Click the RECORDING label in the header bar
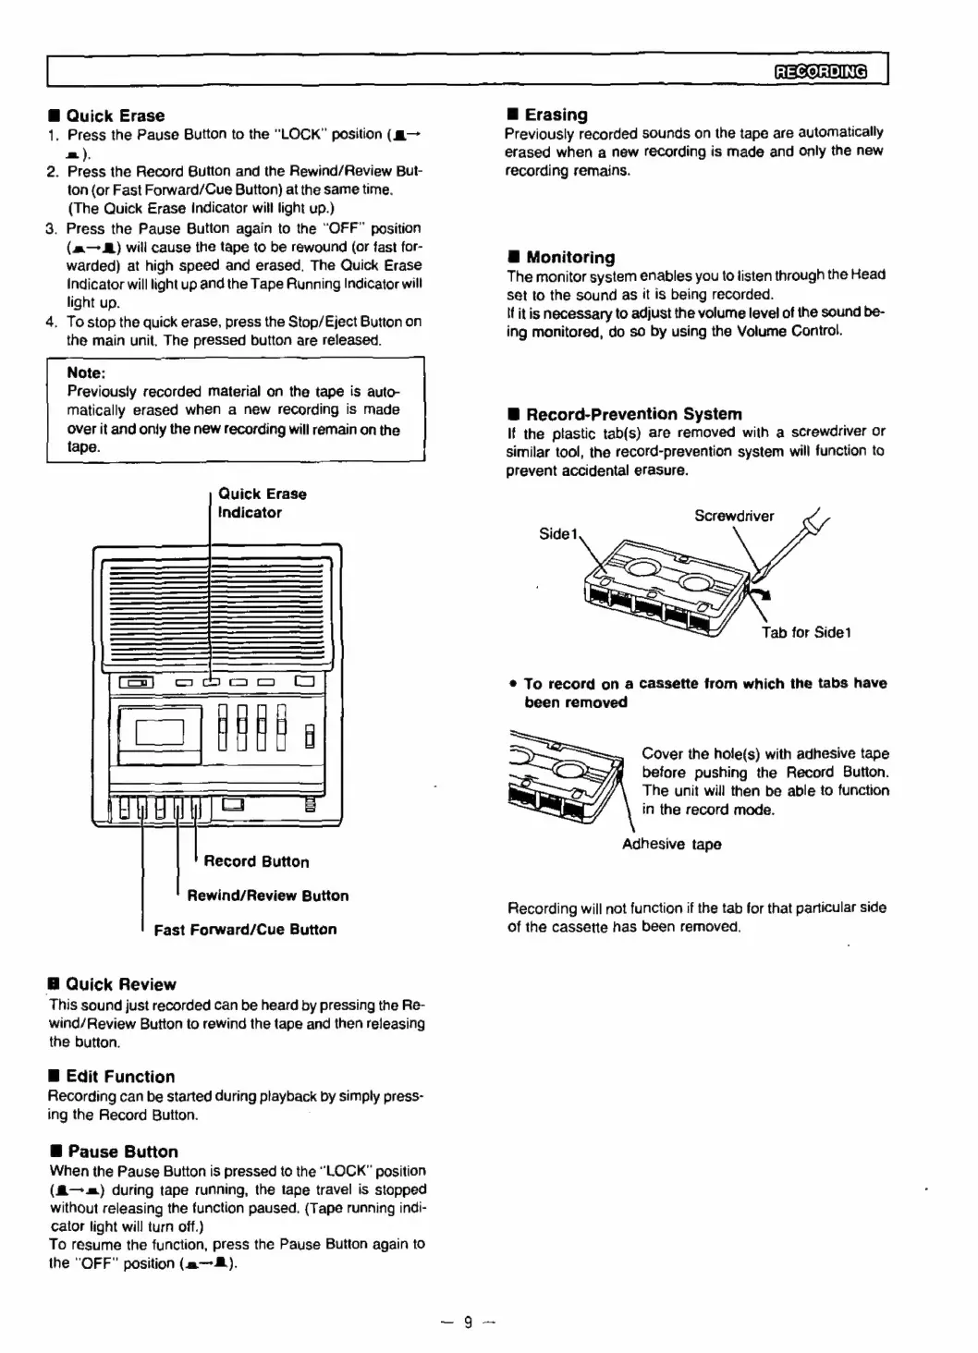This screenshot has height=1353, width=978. (x=821, y=71)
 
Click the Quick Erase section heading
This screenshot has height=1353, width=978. (x=115, y=116)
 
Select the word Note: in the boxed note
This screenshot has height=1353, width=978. (x=86, y=373)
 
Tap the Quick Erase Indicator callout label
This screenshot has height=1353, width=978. (x=262, y=504)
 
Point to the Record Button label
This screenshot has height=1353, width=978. (x=256, y=861)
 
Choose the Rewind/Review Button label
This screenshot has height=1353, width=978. (x=267, y=896)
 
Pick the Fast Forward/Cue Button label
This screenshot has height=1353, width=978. (x=245, y=930)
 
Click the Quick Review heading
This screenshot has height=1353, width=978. (x=120, y=984)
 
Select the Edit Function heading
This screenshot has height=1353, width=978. (x=120, y=1077)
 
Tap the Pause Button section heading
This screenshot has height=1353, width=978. (x=122, y=1152)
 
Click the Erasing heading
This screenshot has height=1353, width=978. (x=556, y=115)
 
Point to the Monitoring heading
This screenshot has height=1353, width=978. (x=569, y=257)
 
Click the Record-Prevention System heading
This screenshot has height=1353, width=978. (x=633, y=414)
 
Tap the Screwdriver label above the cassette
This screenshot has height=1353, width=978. (x=734, y=517)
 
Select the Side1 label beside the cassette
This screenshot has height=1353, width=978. (x=558, y=534)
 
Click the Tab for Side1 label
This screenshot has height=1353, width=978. (x=806, y=632)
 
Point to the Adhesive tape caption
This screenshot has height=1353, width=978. (x=671, y=844)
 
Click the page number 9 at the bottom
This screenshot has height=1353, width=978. (x=468, y=1323)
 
